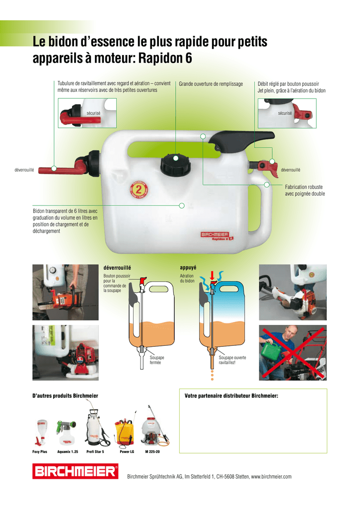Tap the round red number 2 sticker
[x=139, y=189]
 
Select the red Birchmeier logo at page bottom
[x=75, y=471]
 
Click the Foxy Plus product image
[x=41, y=433]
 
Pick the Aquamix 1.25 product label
[x=68, y=451]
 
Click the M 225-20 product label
[x=152, y=451]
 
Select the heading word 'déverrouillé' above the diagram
[x=117, y=268]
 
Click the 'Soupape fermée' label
[x=156, y=360]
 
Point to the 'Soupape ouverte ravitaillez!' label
[x=232, y=360]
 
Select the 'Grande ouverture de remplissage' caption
[x=211, y=84]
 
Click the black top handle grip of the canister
[x=242, y=141]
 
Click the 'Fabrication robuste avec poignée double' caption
[x=305, y=190]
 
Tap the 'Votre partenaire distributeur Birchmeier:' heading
[x=231, y=395]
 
